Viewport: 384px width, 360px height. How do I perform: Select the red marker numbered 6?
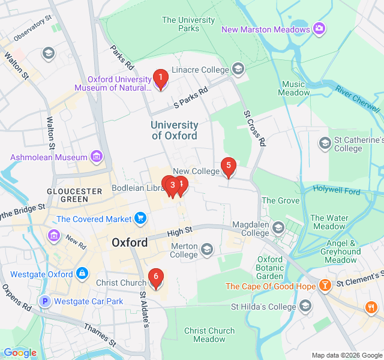(x=155, y=278)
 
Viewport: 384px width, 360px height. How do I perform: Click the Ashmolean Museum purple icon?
(x=96, y=157)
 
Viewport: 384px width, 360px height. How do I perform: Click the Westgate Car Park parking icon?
(x=44, y=301)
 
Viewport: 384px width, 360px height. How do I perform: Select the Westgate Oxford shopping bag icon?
(x=82, y=274)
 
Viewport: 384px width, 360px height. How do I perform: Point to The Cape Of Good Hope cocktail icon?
(x=325, y=286)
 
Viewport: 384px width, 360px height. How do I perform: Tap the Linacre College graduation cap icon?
(x=239, y=70)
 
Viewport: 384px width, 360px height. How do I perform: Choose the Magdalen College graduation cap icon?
(x=278, y=228)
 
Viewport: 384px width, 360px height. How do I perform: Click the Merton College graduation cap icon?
(x=207, y=249)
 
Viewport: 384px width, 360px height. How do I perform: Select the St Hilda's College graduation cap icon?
(x=305, y=307)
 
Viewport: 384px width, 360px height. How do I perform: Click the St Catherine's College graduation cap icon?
(x=325, y=143)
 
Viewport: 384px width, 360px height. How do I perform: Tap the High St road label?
(x=179, y=230)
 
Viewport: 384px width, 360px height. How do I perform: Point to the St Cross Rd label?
(x=254, y=128)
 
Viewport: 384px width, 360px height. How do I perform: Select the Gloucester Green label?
(x=75, y=195)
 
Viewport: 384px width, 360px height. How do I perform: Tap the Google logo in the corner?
(x=20, y=353)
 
